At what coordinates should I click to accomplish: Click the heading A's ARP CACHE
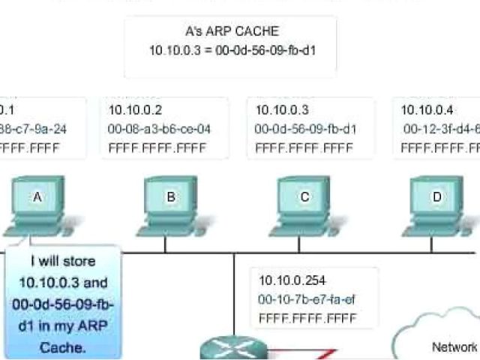(230, 32)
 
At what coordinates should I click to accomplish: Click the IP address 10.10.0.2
(136, 110)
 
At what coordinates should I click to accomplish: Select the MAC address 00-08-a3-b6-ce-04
(160, 129)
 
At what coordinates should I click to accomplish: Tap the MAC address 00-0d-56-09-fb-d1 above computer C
(306, 129)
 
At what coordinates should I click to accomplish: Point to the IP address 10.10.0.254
(292, 280)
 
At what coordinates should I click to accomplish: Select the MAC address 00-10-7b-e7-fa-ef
(307, 299)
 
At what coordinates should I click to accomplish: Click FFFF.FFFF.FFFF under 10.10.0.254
(307, 318)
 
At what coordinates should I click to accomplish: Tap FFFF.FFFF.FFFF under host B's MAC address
(157, 148)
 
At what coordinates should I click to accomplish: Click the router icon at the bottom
(233, 349)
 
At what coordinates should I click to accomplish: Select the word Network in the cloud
(454, 346)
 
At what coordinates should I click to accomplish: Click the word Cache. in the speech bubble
(63, 348)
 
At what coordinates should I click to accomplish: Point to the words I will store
(63, 262)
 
